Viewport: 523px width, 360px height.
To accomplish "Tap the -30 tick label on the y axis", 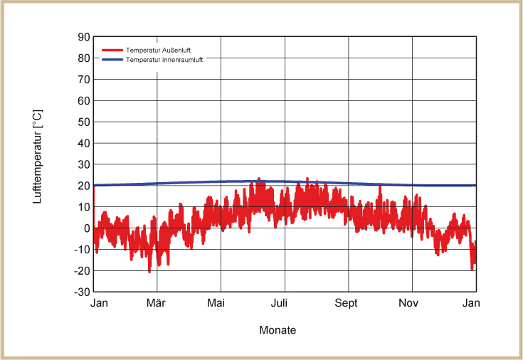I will coord(82,292).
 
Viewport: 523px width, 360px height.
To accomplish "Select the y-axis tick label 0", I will coord(87,228).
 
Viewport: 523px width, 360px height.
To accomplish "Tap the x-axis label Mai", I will coord(216,304).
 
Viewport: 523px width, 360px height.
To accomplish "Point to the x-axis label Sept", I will coord(347,304).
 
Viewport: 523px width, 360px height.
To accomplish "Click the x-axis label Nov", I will coord(408,304).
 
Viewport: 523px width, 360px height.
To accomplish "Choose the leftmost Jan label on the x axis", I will coord(99,304).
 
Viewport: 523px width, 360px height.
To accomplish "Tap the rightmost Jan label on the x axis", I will coord(472,304).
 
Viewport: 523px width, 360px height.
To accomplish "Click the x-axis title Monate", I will coord(278,331).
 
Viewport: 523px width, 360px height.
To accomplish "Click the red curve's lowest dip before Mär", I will coord(149,272).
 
